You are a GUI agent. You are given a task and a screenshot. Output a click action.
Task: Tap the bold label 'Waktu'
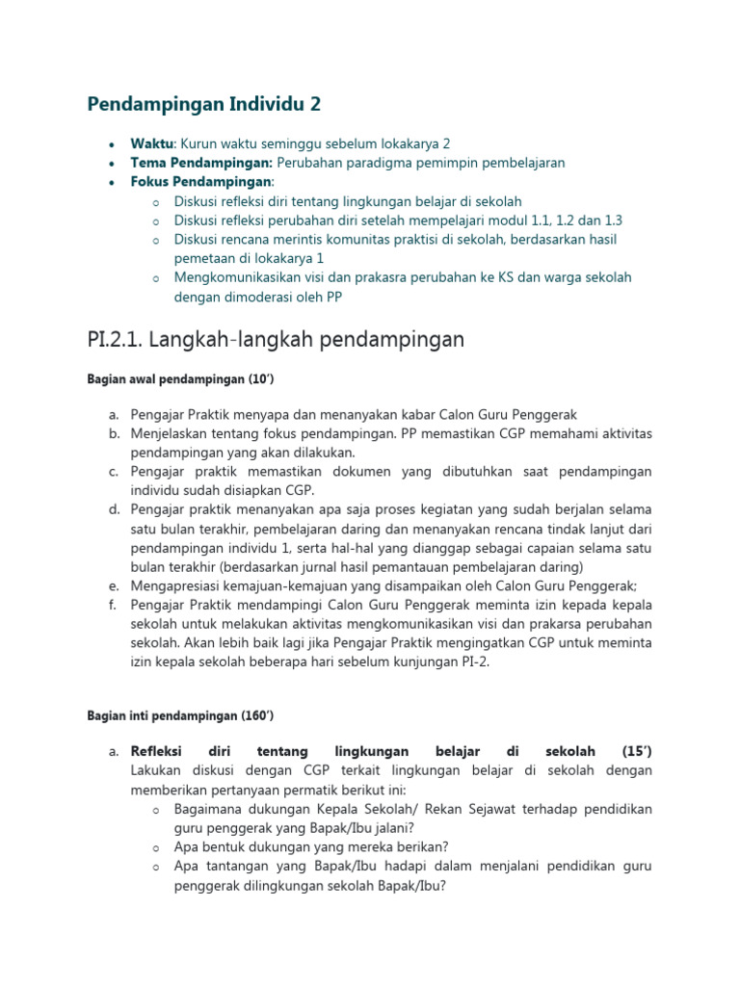(151, 143)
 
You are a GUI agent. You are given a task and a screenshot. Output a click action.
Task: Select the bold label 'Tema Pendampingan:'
(188, 162)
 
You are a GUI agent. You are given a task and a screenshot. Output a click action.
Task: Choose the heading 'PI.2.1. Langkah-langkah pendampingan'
(277, 339)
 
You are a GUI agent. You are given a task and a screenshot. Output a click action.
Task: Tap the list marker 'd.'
(114, 508)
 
